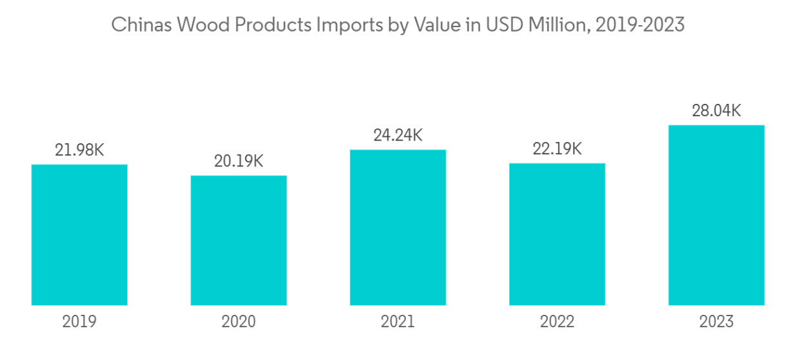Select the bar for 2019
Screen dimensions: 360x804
(79, 235)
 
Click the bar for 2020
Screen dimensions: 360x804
(239, 240)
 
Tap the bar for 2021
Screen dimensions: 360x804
(398, 227)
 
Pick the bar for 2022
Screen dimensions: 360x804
(558, 234)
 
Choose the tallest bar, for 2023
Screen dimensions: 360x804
(716, 215)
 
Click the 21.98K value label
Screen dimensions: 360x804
(79, 150)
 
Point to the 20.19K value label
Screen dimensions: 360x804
(239, 161)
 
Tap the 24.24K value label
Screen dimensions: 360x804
(398, 135)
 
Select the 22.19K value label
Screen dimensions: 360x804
(558, 149)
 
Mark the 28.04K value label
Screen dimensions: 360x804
(716, 111)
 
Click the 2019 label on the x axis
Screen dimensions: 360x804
(79, 321)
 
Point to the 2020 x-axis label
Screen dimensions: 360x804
(239, 321)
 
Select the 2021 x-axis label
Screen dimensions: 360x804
(398, 321)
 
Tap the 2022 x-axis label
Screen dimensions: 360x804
(558, 321)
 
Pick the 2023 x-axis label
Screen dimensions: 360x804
(716, 321)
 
